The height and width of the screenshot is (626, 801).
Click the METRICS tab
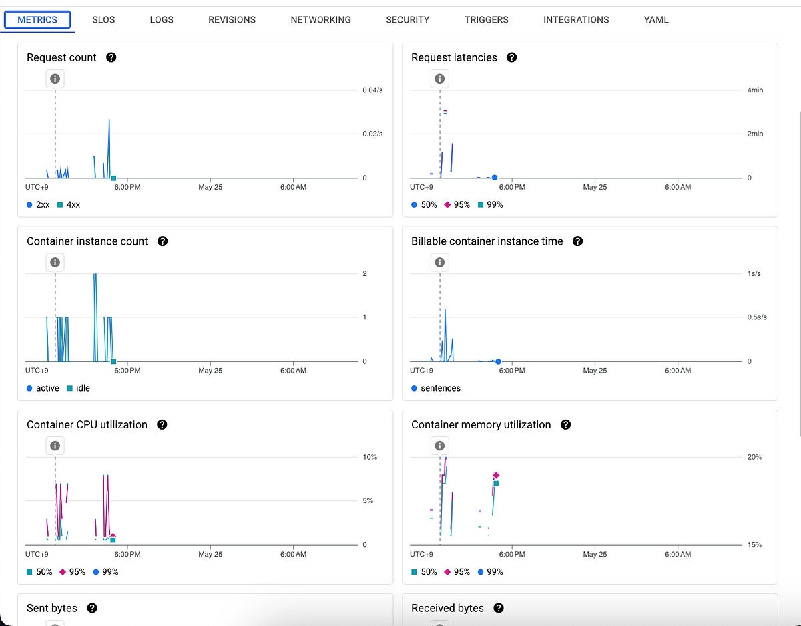[x=37, y=19]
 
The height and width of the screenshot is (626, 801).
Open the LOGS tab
[x=162, y=19]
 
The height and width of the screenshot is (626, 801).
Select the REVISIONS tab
[x=232, y=19]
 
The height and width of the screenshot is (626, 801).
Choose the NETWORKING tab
[x=320, y=19]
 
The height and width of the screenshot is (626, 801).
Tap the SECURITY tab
[x=407, y=19]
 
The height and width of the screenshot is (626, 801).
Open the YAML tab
[x=656, y=19]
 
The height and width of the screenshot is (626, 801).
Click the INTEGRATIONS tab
[x=576, y=19]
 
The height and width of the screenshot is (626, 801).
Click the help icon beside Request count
[x=111, y=57]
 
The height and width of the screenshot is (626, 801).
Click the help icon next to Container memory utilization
[x=565, y=424]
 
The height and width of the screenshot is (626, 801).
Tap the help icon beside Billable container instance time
[x=577, y=241]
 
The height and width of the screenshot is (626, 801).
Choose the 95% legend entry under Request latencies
[x=457, y=204]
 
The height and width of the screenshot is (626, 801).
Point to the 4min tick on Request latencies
[x=754, y=90]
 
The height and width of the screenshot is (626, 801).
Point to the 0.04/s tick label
[x=372, y=90]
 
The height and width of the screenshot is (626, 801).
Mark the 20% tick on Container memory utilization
[x=754, y=457]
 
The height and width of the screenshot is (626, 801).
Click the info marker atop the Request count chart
[x=55, y=79]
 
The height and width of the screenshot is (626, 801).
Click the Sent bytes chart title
[x=52, y=608]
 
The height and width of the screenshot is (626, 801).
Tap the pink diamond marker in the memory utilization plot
[x=496, y=475]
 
